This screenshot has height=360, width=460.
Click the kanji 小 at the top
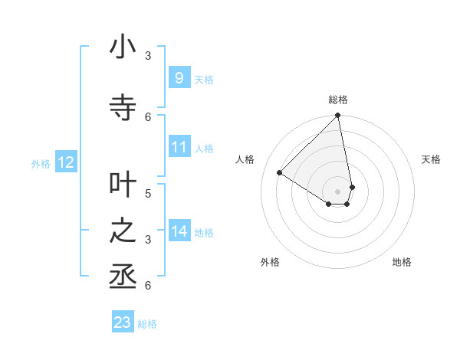click(x=123, y=47)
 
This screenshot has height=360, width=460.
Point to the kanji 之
click(x=123, y=231)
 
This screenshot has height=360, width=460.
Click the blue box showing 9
click(x=179, y=78)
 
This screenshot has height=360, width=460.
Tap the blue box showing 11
click(x=179, y=147)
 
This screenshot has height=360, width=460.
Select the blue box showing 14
click(x=179, y=231)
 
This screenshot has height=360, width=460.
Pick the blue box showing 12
click(x=66, y=162)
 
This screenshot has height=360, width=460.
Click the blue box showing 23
click(x=123, y=322)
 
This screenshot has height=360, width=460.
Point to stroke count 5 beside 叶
click(x=148, y=193)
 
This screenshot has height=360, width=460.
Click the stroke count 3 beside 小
click(x=148, y=55)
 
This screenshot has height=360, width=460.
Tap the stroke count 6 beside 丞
click(x=148, y=285)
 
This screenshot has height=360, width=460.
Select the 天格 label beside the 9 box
click(x=204, y=79)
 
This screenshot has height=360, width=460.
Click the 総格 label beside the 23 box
click(x=147, y=324)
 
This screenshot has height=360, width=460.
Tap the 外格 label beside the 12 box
click(x=41, y=163)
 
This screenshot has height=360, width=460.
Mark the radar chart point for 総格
click(x=337, y=116)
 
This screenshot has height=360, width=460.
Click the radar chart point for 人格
click(x=280, y=173)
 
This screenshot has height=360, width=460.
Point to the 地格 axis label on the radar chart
click(x=402, y=262)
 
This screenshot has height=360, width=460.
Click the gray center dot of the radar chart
click(x=337, y=191)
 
